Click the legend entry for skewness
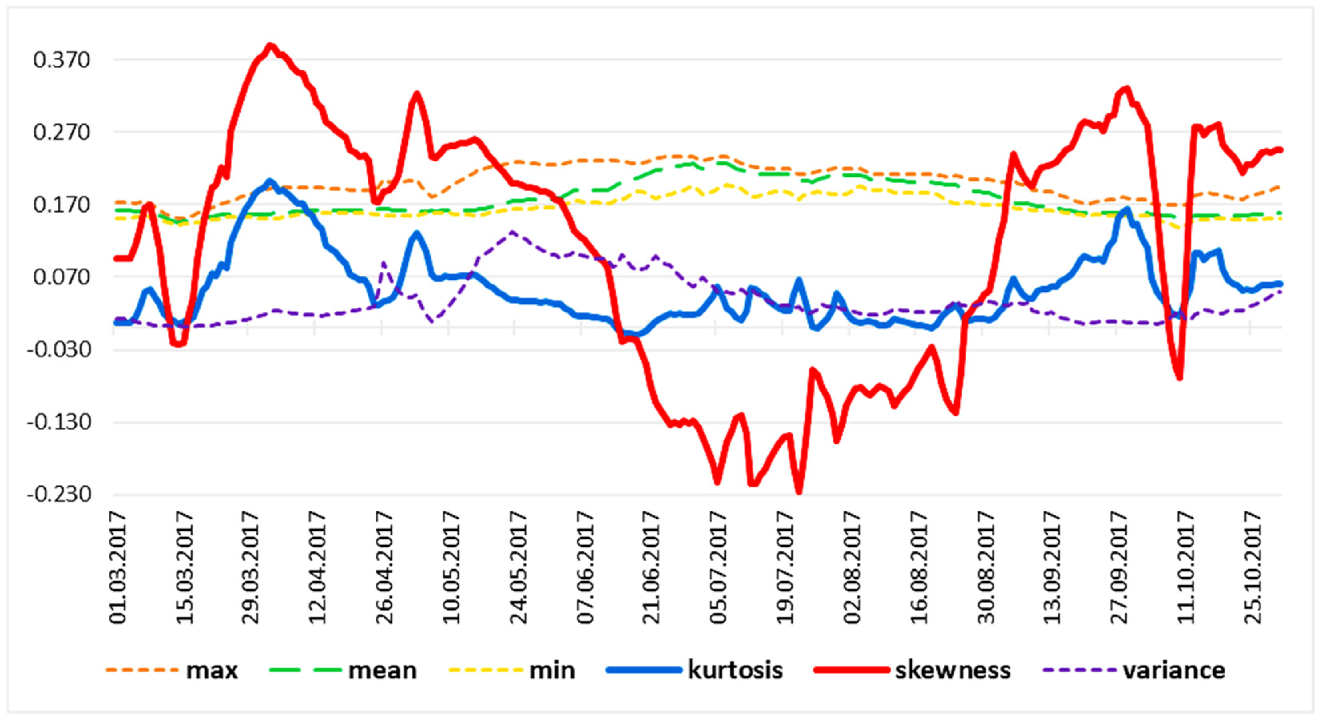point(912,670)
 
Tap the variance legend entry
point(1135,670)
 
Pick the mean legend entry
point(343,670)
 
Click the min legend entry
point(512,670)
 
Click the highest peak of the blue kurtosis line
point(269,181)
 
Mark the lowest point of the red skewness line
point(799,493)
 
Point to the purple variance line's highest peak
point(512,232)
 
